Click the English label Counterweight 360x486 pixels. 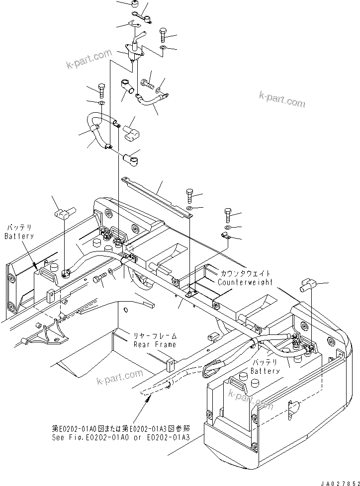click(245, 282)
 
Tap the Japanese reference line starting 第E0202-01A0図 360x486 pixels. click(121, 428)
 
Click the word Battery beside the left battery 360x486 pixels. click(19, 236)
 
